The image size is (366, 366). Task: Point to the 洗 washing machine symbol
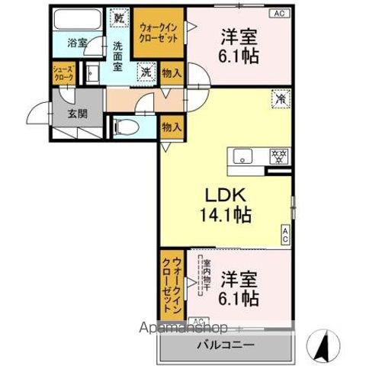tap(144, 73)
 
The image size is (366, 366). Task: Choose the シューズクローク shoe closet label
tap(62, 73)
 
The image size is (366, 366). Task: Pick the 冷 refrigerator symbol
tap(280, 98)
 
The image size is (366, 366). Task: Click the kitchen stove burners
tap(278, 157)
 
